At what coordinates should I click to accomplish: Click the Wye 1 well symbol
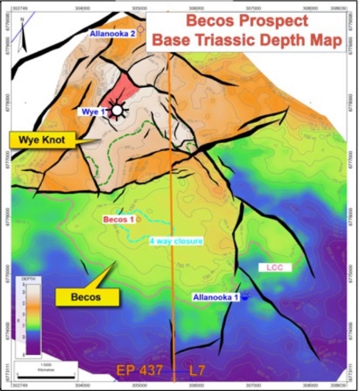pyautogui.click(x=118, y=110)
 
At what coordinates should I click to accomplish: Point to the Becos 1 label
pyautogui.click(x=119, y=218)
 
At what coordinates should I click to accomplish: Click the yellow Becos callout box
pyautogui.click(x=87, y=296)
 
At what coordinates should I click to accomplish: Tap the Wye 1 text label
pyautogui.click(x=93, y=112)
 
